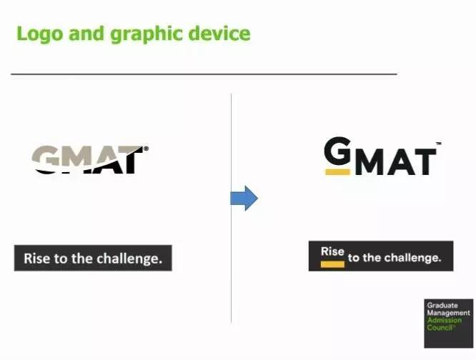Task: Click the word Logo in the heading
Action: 40,34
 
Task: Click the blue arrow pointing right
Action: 244,199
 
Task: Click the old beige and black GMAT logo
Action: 90,160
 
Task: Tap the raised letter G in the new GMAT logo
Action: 337,150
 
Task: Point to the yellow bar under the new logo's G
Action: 337,172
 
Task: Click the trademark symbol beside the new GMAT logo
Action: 439,143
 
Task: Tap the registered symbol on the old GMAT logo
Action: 146,149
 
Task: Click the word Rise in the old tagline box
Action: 36,259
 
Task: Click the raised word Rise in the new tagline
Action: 332,251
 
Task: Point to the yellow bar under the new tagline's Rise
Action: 332,264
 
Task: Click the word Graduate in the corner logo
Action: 442,306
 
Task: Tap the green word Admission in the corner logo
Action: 445,320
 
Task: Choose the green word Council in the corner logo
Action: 440,328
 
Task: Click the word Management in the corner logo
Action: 448,313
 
